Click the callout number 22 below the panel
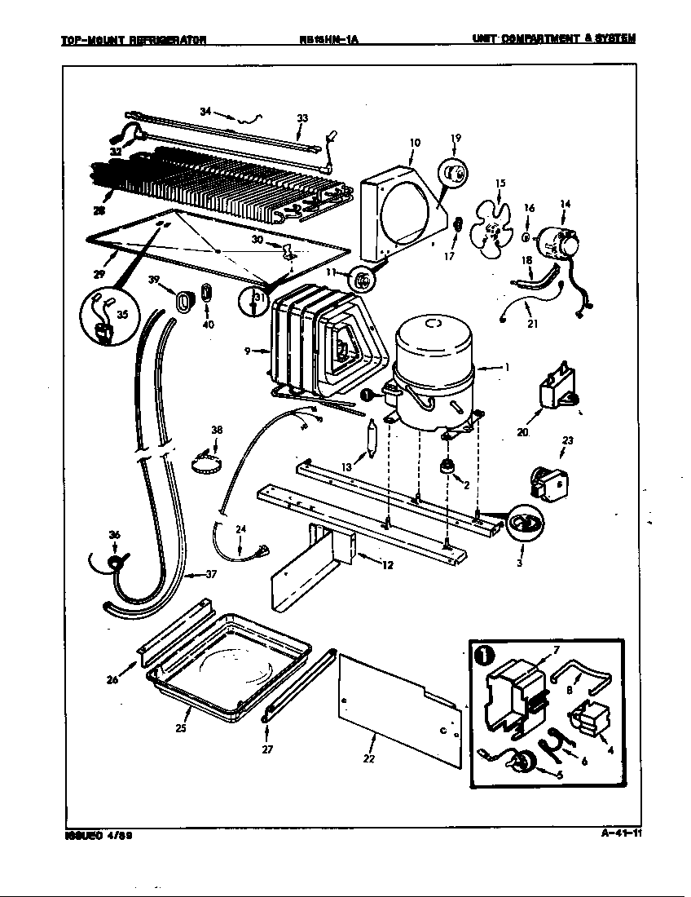point(370,759)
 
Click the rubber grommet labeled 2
point(446,467)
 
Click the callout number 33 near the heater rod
point(302,119)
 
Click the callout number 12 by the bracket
point(387,566)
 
